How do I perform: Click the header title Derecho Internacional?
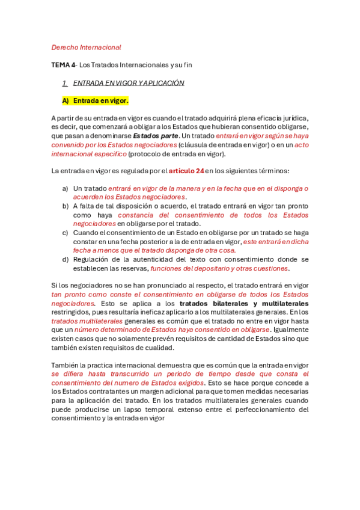(86, 47)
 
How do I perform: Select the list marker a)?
(66, 188)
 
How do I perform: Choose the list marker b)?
(66, 206)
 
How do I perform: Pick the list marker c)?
(66, 233)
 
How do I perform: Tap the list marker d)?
(66, 259)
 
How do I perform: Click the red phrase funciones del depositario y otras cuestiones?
(219, 268)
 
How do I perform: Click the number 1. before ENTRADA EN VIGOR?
(65, 83)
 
